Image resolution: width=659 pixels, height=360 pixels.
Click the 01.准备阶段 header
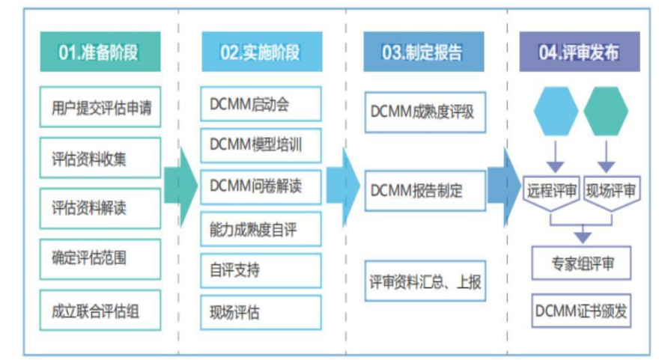pos(100,52)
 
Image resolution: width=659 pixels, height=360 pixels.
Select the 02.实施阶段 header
pos(261,52)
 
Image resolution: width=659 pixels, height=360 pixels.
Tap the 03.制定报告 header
pos(422,52)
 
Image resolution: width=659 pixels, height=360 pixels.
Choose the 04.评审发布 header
pos(580,52)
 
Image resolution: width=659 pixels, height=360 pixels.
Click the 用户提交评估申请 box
pos(100,107)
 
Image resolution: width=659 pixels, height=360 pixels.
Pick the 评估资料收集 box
pos(100,158)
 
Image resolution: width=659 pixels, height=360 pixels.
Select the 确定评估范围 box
pos(100,259)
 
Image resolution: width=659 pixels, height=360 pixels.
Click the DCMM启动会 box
pos(261,105)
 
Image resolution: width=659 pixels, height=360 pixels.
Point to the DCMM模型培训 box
pos(261,145)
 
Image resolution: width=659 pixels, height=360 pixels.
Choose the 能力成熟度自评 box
pos(261,228)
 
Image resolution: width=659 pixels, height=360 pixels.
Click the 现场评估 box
pos(261,312)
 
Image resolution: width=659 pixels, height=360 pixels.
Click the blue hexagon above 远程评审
pos(556,112)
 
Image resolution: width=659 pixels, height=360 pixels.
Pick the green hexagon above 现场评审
pos(606,112)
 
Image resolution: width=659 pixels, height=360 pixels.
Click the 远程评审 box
pos(551,189)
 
